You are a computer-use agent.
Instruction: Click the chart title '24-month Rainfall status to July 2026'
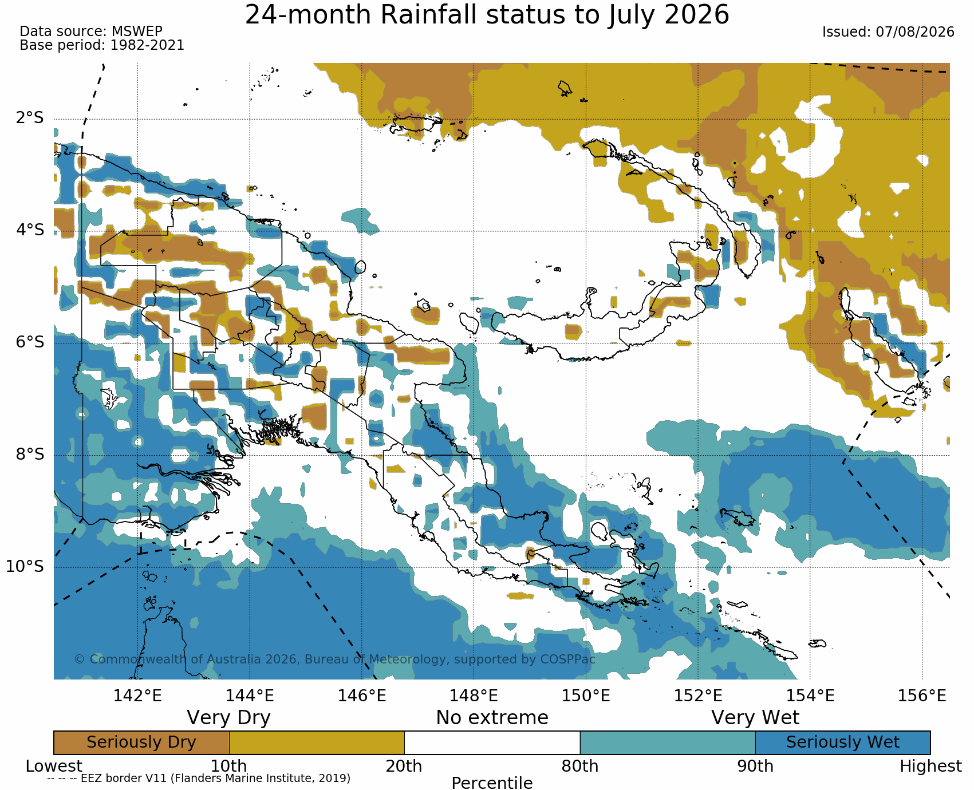[487, 14]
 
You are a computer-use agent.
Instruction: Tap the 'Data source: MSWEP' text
[91, 31]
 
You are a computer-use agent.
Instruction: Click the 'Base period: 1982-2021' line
[102, 45]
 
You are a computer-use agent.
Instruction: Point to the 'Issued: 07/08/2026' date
[888, 32]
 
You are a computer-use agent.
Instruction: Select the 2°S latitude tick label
[30, 118]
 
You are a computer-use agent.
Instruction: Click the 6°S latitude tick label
[30, 342]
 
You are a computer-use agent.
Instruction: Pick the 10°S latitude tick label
[25, 567]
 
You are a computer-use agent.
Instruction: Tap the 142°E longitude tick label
[137, 696]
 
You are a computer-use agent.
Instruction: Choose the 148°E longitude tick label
[474, 696]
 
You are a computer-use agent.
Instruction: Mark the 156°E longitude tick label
[922, 696]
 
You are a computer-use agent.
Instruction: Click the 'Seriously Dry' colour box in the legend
[141, 742]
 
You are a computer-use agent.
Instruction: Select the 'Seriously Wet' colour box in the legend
[843, 742]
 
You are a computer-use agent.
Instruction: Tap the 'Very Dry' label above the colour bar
[228, 718]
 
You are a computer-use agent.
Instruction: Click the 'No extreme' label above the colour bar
[492, 718]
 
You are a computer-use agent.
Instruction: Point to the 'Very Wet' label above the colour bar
[755, 718]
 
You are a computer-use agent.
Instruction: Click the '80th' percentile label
[579, 767]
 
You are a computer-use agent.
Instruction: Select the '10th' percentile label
[228, 767]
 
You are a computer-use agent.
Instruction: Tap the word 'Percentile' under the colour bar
[492, 783]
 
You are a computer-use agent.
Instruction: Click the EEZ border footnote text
[199, 779]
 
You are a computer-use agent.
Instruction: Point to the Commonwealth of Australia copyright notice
[334, 659]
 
